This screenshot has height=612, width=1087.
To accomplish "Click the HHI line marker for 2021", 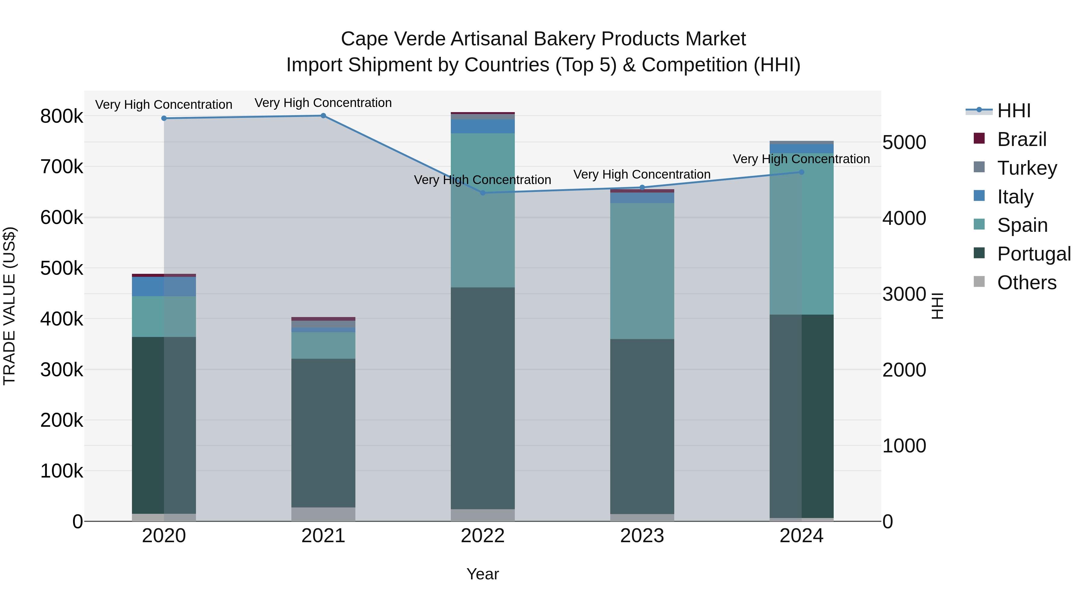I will pos(323,116).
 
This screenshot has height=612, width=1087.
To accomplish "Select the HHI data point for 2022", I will pos(483,193).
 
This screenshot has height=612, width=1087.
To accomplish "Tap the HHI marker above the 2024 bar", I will pos(802,172).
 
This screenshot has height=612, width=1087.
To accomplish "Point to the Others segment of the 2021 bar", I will pos(323,514).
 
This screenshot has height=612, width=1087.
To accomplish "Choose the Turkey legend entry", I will pos(1027,168).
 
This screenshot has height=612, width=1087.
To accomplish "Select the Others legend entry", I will pos(1026,283).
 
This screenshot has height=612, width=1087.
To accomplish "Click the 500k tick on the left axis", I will pos(62,268).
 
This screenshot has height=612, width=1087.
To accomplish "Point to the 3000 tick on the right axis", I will pos(904,294).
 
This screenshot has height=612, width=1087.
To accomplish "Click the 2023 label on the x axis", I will pos(642,536).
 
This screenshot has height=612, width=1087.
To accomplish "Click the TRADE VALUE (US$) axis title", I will pos(10,306).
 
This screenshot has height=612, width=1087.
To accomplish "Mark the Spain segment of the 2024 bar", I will pos(802,237).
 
